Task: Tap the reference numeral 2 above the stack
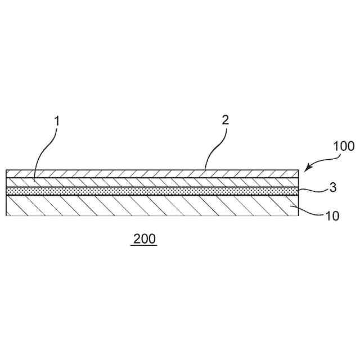point(225,120)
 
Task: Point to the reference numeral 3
point(333,187)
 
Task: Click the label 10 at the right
point(332,215)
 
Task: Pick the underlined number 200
point(144,238)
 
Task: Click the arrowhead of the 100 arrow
point(307,168)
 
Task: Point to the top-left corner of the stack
point(6,170)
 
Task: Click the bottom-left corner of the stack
point(6,217)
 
